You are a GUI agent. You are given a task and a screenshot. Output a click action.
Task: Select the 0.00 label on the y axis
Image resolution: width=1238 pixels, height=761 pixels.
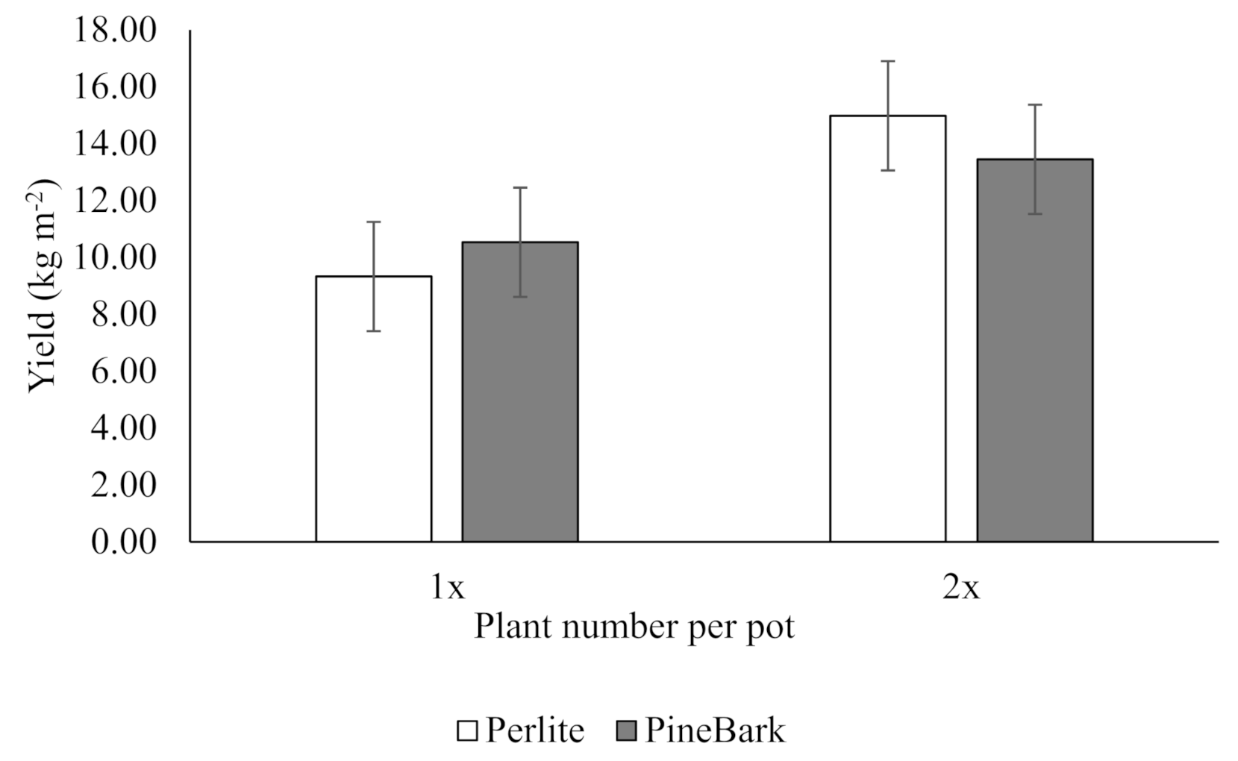[124, 541]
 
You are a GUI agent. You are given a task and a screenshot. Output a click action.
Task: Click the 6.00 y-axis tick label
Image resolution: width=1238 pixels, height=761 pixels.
[124, 371]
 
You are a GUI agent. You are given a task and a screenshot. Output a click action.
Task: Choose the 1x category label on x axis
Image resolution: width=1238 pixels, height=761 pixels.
[447, 588]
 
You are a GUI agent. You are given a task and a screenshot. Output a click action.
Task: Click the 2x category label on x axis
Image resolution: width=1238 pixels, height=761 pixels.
[960, 588]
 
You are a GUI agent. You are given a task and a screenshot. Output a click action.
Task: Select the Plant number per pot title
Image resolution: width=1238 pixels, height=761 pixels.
[634, 627]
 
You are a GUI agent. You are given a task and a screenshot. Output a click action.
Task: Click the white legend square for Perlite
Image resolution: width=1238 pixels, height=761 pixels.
[467, 730]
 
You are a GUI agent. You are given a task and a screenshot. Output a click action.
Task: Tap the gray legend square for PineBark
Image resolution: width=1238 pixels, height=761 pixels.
[627, 730]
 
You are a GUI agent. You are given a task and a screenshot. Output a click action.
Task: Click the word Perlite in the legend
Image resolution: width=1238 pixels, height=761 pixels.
[535, 730]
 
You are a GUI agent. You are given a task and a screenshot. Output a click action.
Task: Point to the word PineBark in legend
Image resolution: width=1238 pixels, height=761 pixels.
[714, 730]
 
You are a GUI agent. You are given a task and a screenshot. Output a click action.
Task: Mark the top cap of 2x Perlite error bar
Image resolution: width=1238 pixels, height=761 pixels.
[887, 61]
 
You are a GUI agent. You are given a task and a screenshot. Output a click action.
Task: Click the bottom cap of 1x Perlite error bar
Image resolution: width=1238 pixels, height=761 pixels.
[373, 331]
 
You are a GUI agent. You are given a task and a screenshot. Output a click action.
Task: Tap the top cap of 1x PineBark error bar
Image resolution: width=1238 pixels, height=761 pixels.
[519, 188]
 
